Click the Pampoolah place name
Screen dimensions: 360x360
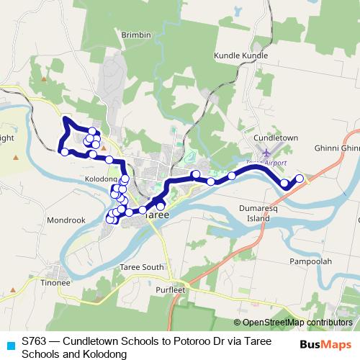click(x=310, y=261)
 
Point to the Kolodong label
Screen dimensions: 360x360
click(x=101, y=178)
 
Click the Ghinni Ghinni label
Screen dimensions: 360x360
click(x=337, y=148)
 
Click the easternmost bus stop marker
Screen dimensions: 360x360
click(x=300, y=179)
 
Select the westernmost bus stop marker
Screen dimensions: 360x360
click(x=64, y=152)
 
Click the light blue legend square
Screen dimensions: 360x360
click(x=9, y=343)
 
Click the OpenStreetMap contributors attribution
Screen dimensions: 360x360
click(x=295, y=323)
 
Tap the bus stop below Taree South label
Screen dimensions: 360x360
click(x=161, y=267)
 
